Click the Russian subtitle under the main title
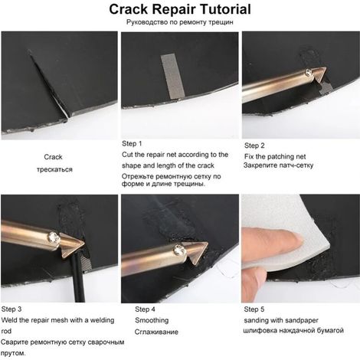180,22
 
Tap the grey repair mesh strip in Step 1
172,77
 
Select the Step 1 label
132,143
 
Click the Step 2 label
254,146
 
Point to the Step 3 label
11,309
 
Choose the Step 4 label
145,309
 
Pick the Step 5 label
254,309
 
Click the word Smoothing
152,320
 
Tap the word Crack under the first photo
53,157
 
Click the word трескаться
54,169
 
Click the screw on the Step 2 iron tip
309,73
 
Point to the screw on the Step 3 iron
54,237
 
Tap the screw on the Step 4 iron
179,250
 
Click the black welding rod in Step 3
78,278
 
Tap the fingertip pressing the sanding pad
296,238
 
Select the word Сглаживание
156,332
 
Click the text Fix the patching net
275,156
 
